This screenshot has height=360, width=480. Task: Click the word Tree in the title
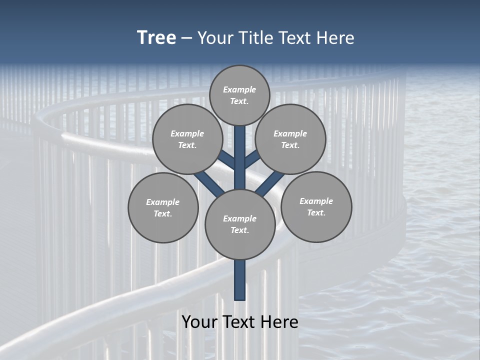point(156,38)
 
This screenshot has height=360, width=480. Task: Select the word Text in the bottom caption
point(239,322)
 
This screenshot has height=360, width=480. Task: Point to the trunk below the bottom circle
point(240,280)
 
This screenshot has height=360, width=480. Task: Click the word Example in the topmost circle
point(239,90)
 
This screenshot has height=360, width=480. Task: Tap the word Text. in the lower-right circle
point(316,213)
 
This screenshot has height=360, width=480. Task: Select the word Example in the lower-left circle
point(163,202)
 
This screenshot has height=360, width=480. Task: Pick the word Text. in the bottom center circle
point(239,230)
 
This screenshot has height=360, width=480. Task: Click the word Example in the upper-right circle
point(290,134)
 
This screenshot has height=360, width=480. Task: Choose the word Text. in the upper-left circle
point(187,145)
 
